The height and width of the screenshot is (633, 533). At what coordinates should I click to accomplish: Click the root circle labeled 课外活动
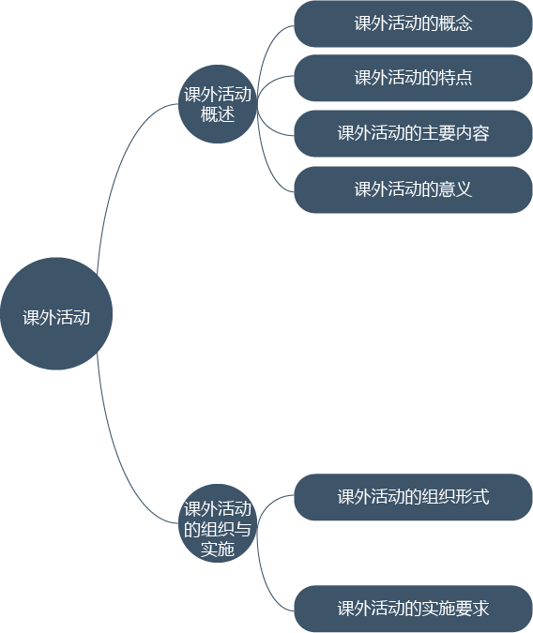tap(56, 313)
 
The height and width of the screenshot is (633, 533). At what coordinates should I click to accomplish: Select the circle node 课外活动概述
tap(218, 104)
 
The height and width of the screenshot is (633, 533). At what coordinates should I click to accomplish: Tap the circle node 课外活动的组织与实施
tap(218, 523)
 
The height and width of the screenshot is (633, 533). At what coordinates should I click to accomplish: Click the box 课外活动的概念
tap(413, 23)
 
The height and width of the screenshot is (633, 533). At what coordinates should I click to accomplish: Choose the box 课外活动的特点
tap(413, 78)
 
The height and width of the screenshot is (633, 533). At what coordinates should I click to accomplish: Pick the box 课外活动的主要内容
tap(413, 133)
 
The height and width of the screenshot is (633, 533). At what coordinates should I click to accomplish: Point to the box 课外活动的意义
tap(413, 189)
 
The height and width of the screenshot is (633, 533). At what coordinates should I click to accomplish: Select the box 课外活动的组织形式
tap(413, 497)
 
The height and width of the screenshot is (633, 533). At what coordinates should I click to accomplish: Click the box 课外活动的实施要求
tap(413, 609)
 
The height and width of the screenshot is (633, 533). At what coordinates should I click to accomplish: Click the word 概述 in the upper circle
tap(218, 114)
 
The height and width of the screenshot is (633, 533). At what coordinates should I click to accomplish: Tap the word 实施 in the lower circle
tap(218, 550)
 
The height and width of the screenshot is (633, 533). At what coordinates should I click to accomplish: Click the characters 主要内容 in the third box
tap(455, 133)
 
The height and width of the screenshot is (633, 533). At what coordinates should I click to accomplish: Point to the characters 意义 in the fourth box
tap(455, 188)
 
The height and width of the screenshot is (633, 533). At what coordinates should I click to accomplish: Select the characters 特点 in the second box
tap(455, 78)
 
